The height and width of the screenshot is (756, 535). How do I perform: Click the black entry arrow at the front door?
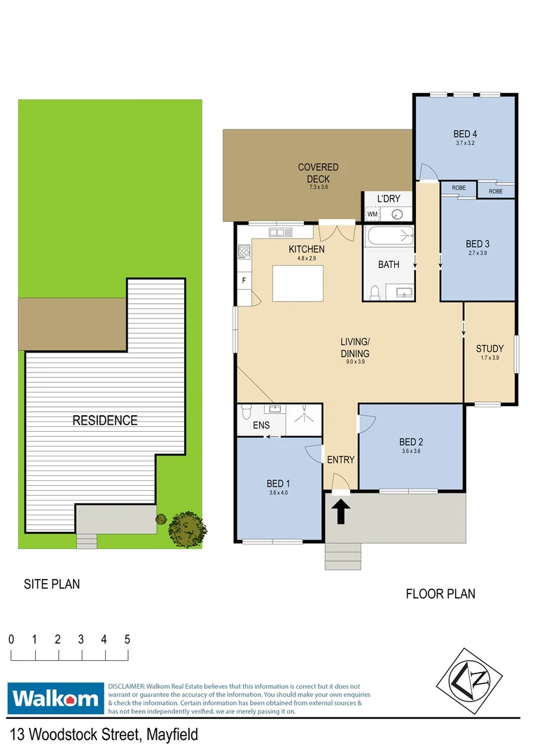[x=341, y=512]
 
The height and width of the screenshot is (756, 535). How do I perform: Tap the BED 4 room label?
[x=465, y=134]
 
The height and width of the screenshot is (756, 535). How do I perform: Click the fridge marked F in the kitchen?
[x=244, y=281]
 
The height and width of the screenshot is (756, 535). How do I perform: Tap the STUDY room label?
[x=489, y=349]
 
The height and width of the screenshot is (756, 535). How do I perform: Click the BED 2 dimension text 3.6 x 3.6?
[x=411, y=451]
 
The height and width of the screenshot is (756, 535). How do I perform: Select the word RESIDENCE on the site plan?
[x=105, y=421]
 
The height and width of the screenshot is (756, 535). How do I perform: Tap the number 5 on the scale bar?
[x=127, y=639]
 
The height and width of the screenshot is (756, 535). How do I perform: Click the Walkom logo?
[x=55, y=698]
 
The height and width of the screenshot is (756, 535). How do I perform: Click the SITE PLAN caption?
[x=52, y=584]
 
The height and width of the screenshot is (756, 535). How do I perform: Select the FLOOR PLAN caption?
[x=440, y=594]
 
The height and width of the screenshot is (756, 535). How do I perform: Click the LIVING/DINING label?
[x=354, y=347]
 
